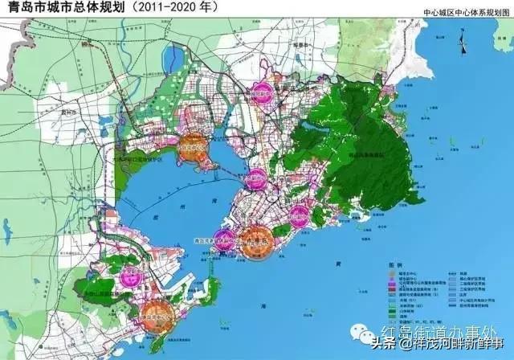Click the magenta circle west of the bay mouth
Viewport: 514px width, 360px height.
130,278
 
